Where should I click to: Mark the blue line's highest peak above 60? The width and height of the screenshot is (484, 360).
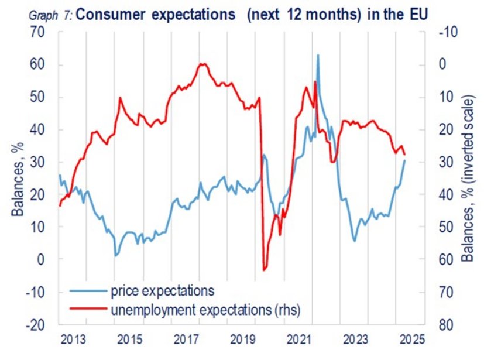(318, 55)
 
